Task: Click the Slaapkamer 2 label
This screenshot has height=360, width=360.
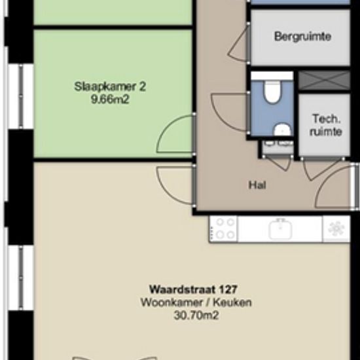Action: coord(110,87)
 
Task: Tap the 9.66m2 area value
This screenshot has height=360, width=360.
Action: coord(110,99)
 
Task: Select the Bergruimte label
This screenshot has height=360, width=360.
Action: coord(302,37)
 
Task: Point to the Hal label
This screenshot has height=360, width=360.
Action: coord(257,185)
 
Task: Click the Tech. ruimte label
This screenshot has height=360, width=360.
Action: coord(326,126)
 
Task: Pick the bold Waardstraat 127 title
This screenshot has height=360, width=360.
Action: coord(193,289)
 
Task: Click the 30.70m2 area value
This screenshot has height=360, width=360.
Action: coord(196,315)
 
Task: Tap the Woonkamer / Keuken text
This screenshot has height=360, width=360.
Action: coord(196,302)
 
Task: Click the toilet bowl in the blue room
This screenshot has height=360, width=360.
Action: coord(272,92)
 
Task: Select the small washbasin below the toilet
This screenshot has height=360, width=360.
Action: coord(282,130)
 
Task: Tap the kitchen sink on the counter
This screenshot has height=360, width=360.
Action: coord(280,228)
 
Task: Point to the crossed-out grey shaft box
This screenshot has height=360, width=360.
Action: coord(325,81)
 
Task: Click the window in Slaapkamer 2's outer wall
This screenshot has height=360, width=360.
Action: coord(21,96)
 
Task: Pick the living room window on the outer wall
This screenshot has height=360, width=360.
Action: coord(21,278)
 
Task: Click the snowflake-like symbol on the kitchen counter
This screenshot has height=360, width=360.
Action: coord(336,228)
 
